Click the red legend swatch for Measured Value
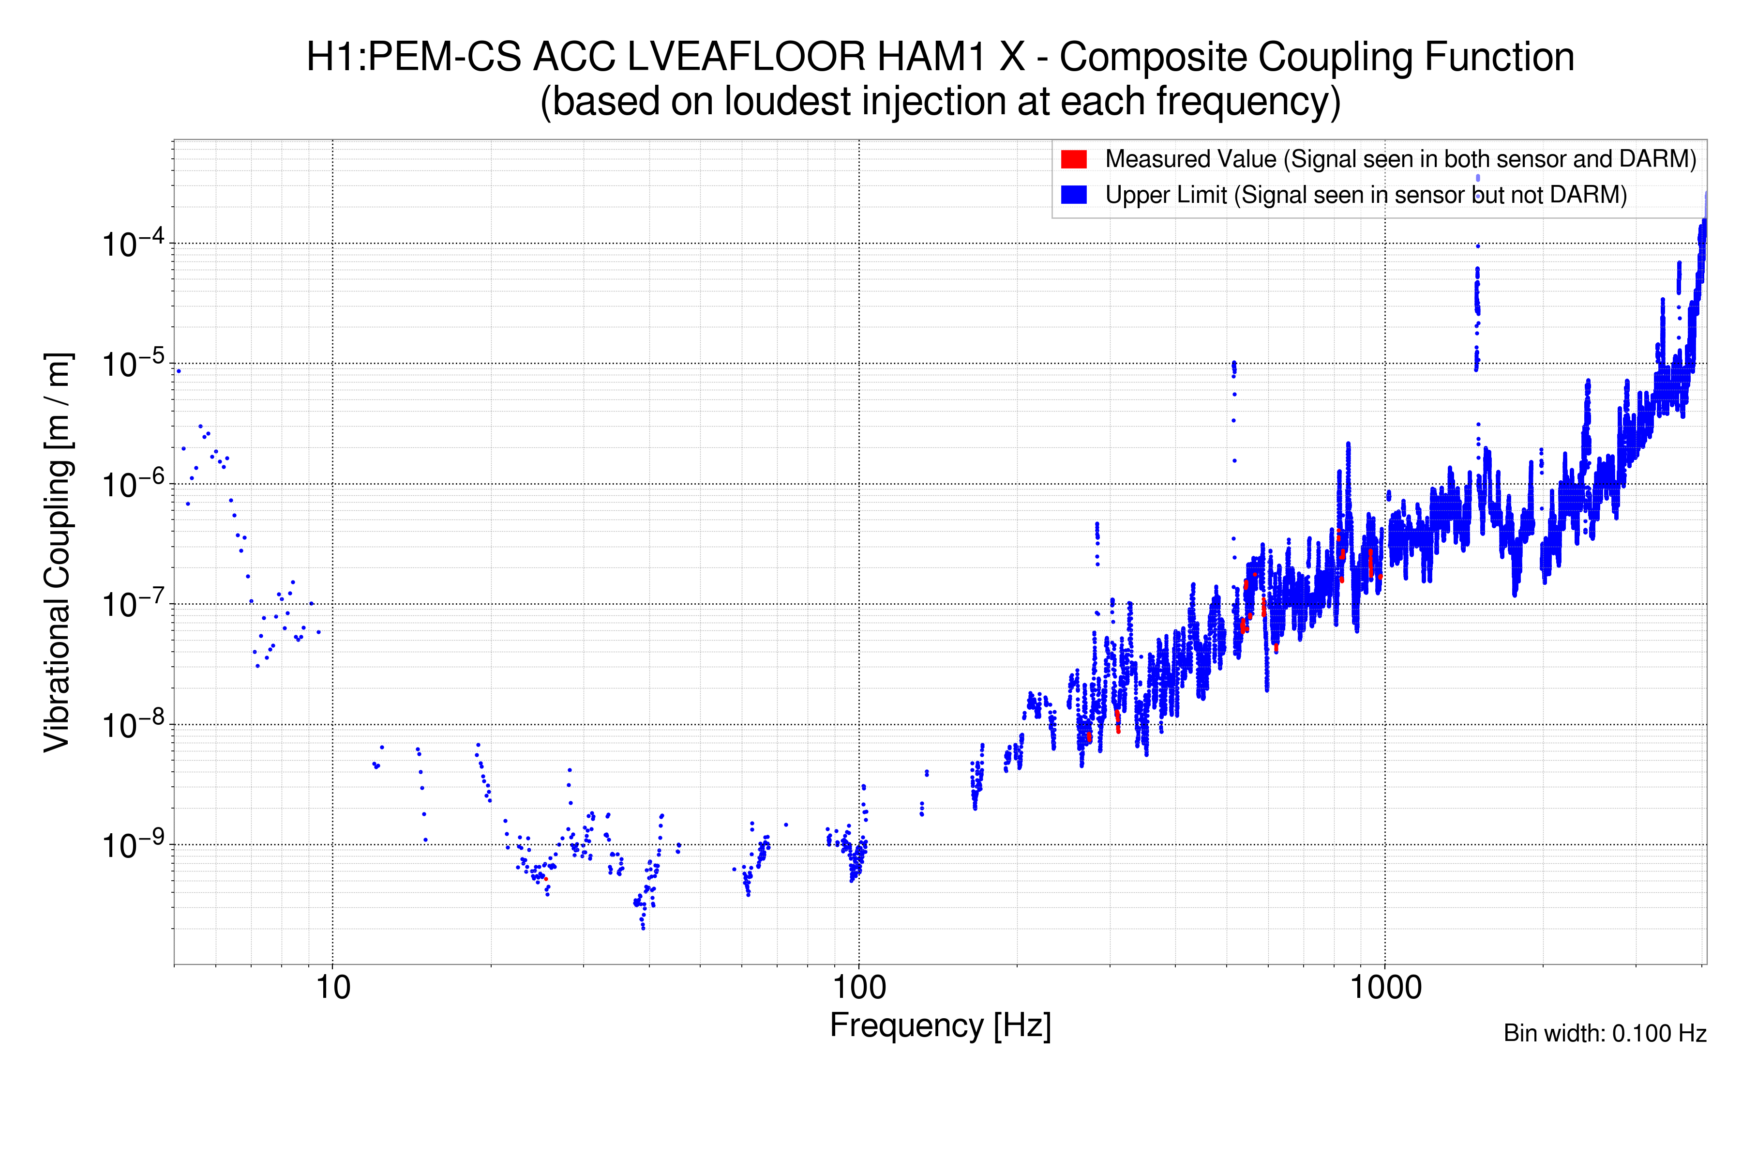[1073, 159]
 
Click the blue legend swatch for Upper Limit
[1073, 195]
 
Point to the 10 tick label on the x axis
[332, 988]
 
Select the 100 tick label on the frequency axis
[859, 988]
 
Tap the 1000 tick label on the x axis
[1385, 988]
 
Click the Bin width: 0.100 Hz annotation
[1604, 1033]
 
